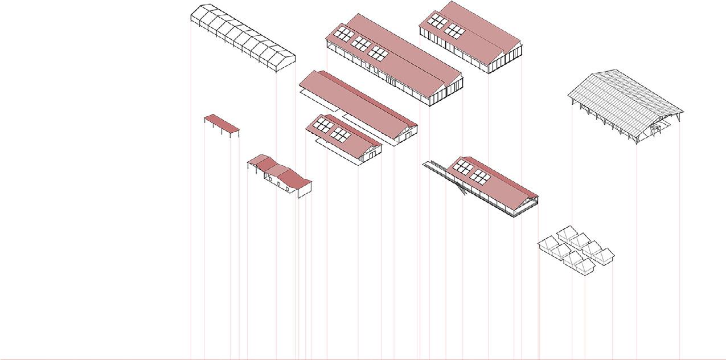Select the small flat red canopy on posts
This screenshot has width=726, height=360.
pos(222,122)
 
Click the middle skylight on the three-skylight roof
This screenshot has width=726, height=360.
pos(361,43)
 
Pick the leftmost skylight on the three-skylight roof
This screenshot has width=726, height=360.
pos(343,34)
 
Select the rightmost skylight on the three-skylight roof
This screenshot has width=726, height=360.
pos(378,53)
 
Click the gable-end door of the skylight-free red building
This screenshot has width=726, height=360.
pos(408,135)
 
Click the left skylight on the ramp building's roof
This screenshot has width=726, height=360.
pos(463,167)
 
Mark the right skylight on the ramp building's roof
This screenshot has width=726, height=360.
pos(479,176)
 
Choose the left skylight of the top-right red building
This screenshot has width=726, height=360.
pos(437,22)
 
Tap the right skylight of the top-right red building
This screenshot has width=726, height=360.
pos(454,31)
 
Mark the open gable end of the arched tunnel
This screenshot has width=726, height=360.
pos(286,63)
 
